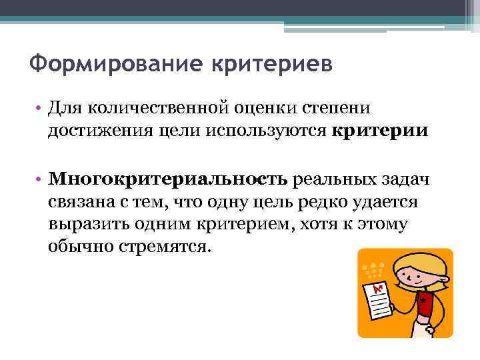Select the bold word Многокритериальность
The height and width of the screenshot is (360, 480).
[168, 179]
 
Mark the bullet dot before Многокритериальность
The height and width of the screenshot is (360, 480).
[40, 179]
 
